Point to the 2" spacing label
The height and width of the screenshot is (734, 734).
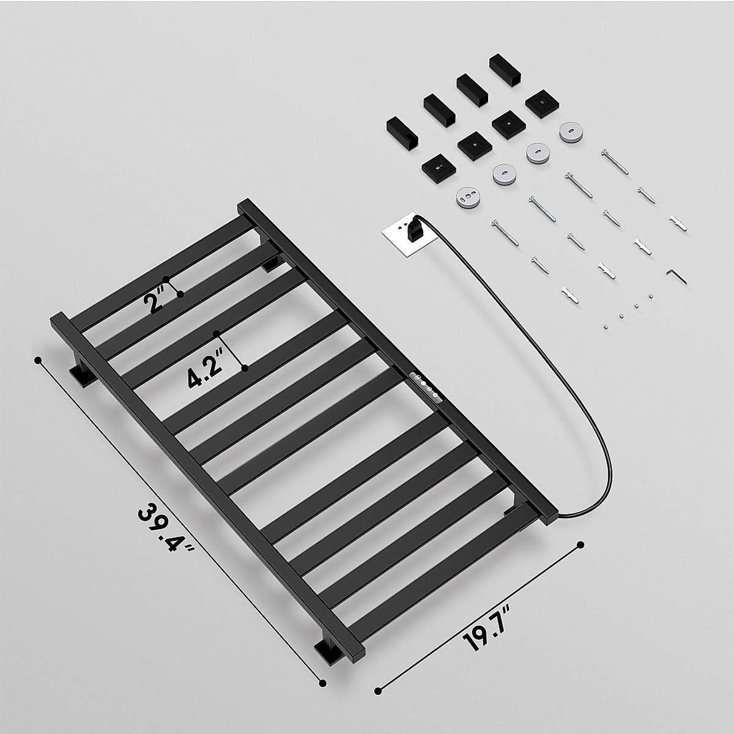152,302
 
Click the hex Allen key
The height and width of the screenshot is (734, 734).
676,276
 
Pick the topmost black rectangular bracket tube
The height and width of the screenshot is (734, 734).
505,71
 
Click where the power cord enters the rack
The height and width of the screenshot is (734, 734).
554,517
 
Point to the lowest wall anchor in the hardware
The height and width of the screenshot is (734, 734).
569,295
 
